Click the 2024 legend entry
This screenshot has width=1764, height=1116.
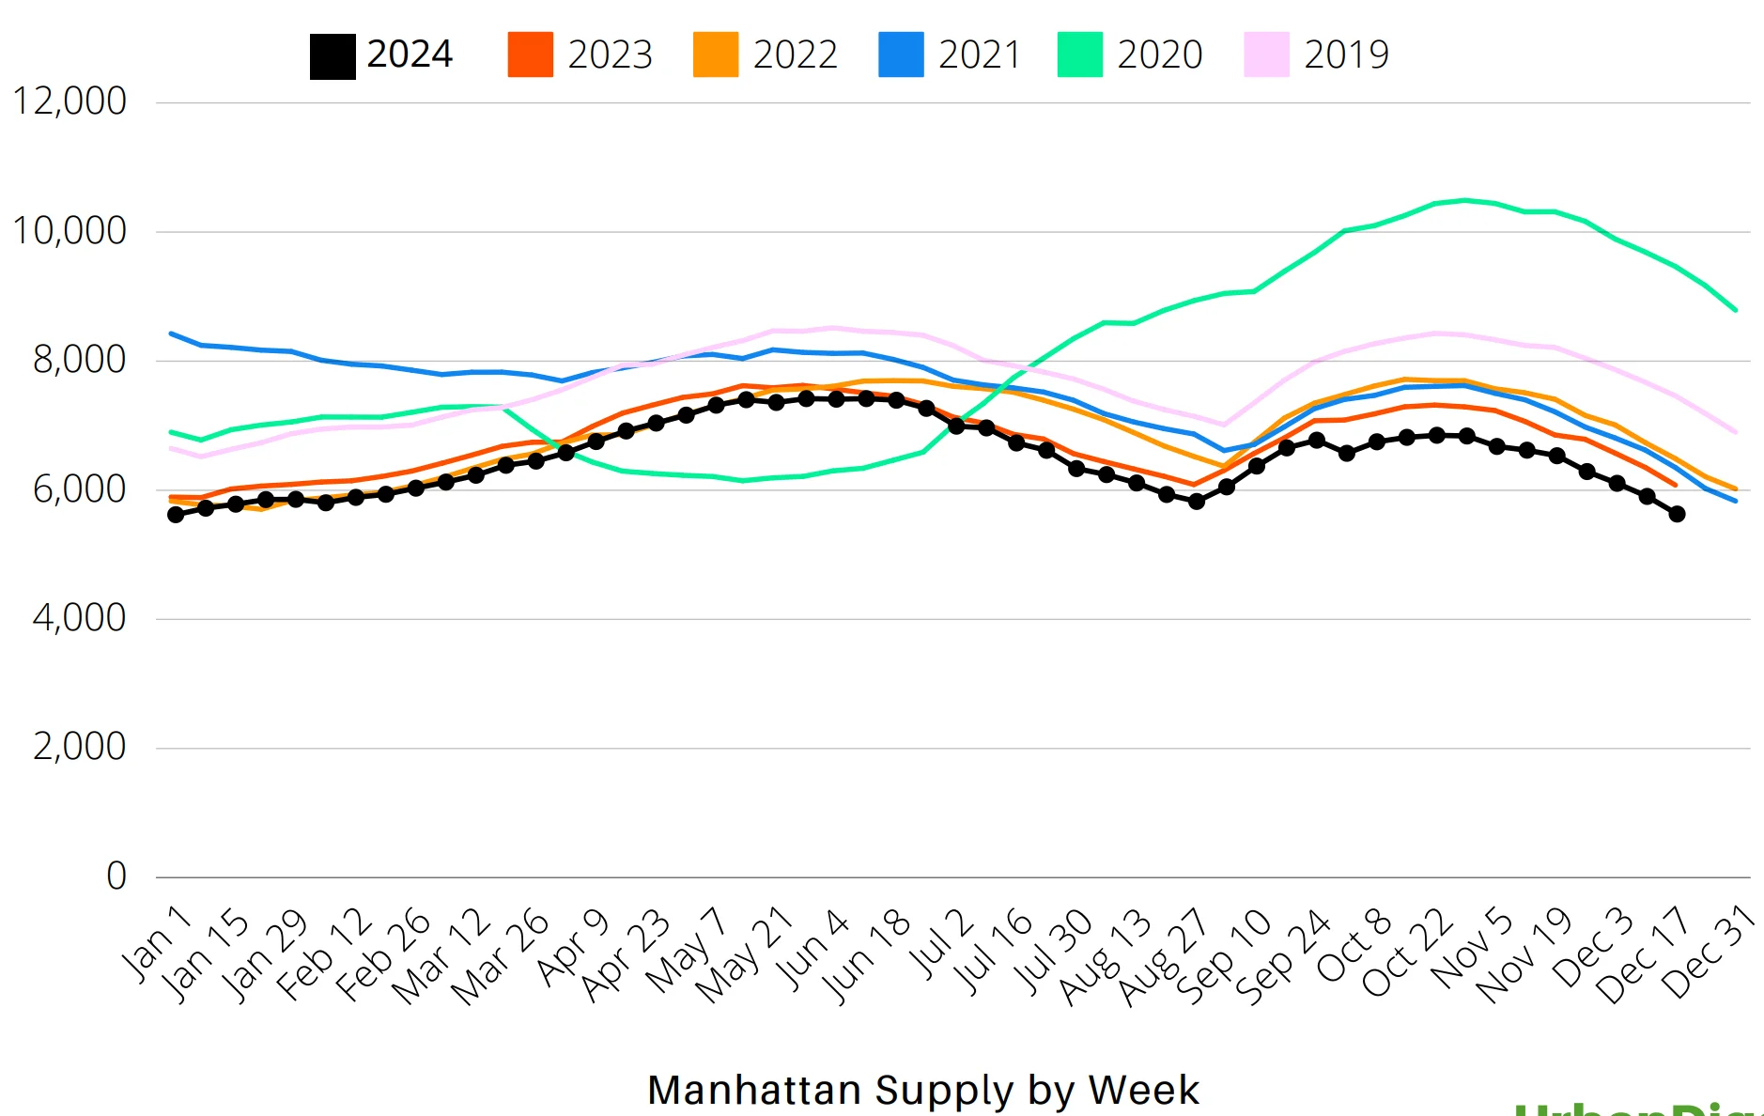click(381, 54)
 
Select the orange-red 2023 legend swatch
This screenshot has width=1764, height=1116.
click(530, 54)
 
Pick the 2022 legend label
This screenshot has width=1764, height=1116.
click(795, 54)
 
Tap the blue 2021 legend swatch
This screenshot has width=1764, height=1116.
click(901, 54)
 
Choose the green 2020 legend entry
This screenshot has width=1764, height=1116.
click(1130, 54)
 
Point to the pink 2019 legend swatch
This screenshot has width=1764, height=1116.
click(1266, 54)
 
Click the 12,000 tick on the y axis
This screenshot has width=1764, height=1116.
click(70, 101)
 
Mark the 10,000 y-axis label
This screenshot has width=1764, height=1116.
click(70, 231)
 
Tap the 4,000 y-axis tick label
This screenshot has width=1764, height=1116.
click(79, 618)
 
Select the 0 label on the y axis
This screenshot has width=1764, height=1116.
click(116, 876)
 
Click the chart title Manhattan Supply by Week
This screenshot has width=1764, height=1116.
click(923, 1090)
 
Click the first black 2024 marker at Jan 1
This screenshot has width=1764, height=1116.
click(176, 515)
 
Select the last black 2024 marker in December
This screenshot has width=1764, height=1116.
click(1677, 514)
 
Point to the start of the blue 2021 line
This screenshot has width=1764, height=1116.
click(171, 333)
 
